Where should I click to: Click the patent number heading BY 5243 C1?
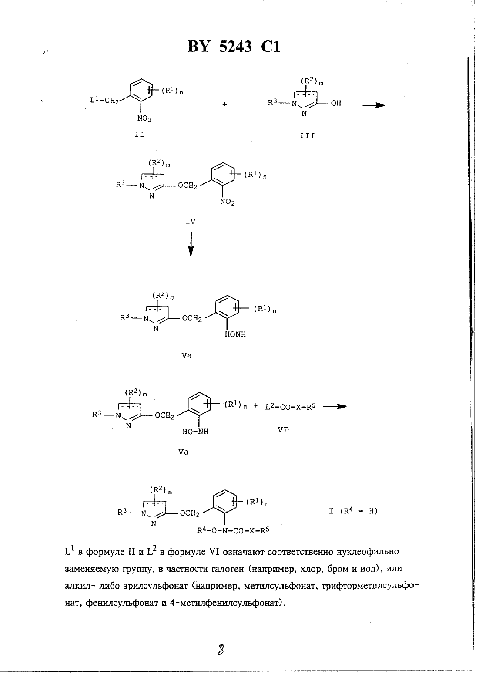click(x=234, y=47)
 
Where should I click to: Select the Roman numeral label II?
click(x=139, y=135)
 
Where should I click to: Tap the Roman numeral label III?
click(x=307, y=135)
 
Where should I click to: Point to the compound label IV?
click(x=191, y=222)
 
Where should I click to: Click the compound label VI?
click(x=283, y=429)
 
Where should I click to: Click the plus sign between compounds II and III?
click(x=224, y=104)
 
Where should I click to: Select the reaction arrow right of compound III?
click(x=373, y=105)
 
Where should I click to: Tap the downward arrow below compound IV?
click(x=191, y=244)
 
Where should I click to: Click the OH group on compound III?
click(x=336, y=103)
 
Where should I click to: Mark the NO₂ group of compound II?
click(x=144, y=118)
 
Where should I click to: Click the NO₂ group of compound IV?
click(x=228, y=202)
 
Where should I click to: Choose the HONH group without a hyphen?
click(x=235, y=334)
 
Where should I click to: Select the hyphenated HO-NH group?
click(x=195, y=432)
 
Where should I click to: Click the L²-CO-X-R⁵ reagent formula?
click(x=290, y=407)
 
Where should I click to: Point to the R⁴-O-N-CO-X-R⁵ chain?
click(x=233, y=530)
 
